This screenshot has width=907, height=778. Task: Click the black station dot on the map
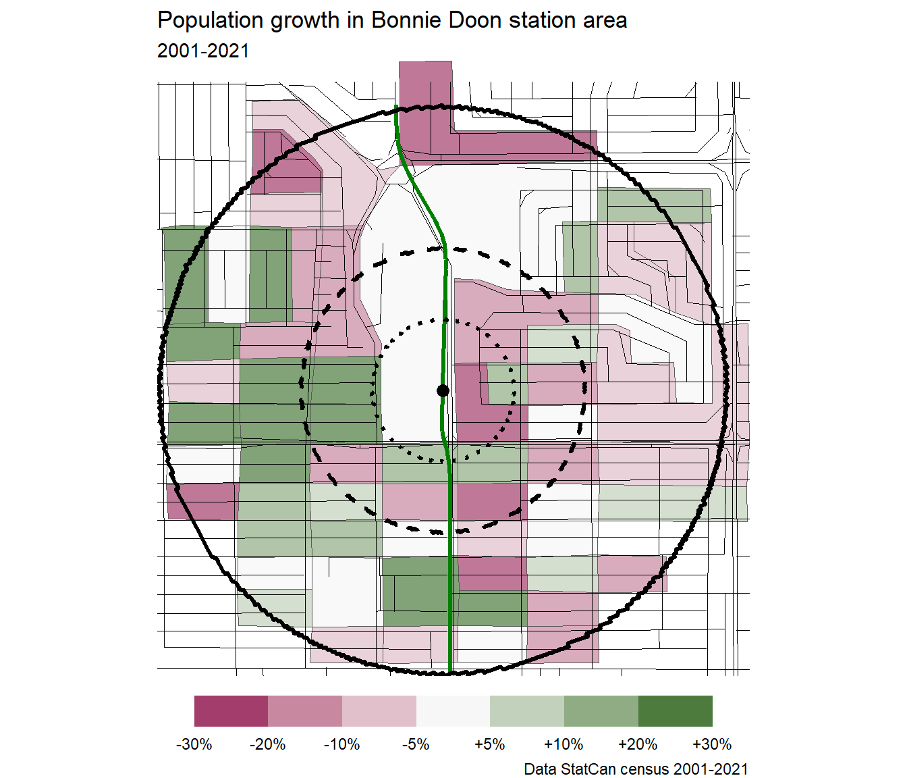coord(443,390)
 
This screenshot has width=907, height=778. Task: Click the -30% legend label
coord(194,744)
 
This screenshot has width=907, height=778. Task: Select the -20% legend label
coord(268,744)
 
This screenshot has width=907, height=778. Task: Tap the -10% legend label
coord(342,744)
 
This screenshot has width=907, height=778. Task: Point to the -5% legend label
coord(416,744)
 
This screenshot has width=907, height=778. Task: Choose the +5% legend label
coord(490,744)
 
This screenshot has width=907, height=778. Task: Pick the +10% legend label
coord(564,744)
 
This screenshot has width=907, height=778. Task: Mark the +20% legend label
coord(638,744)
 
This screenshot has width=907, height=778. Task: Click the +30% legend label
coord(712,744)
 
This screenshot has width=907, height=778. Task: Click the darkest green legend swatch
coord(675,711)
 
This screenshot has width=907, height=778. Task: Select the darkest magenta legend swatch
coord(231,711)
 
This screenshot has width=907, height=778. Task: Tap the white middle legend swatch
coord(453,711)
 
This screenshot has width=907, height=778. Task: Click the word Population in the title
coord(211,21)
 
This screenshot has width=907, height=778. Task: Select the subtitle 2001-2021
coord(203,51)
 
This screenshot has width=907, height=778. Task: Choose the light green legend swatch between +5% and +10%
coord(527,711)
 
